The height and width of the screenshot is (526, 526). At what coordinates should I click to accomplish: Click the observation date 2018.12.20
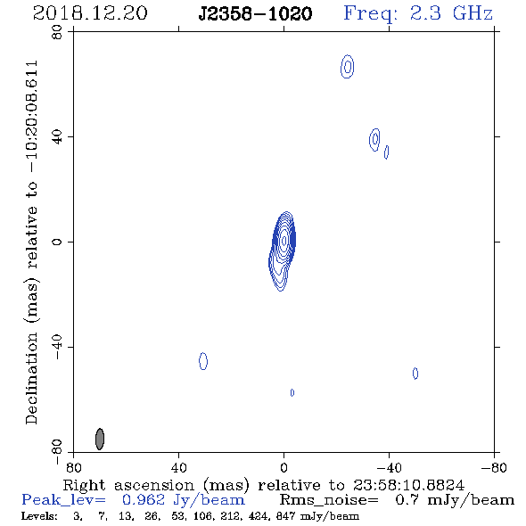coord(90,13)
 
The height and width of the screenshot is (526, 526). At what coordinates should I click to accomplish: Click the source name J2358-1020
coord(255,13)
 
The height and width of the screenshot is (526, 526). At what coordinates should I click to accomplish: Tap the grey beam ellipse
coord(100,439)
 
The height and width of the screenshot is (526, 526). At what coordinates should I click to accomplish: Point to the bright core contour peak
coord(284,241)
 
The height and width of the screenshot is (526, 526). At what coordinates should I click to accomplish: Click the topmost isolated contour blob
coord(348,67)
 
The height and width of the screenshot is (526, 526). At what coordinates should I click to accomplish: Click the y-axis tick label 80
coord(57,32)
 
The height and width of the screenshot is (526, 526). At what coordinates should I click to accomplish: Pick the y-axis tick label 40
coord(57,137)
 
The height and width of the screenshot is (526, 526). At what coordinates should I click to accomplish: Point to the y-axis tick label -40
coord(57,347)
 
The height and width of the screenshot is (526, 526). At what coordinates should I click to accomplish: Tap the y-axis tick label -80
coord(57,452)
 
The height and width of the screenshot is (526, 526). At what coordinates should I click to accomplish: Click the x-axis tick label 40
coord(178,467)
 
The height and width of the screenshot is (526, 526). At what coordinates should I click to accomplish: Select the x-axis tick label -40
coord(389,467)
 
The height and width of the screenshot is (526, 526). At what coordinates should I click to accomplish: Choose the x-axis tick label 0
coord(284,467)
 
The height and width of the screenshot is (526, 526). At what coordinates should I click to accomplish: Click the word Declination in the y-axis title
coord(31,378)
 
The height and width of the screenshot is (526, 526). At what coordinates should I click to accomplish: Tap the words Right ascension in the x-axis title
coord(128,485)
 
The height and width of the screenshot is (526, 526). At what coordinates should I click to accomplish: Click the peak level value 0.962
coord(144,500)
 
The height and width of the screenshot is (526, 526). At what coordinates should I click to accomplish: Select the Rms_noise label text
coord(329,500)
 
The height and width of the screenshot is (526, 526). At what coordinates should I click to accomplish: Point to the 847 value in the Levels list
coord(285,516)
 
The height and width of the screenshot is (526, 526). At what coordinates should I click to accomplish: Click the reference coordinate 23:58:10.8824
coord(408,485)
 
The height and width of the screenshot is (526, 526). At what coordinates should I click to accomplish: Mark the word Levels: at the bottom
coord(39,516)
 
